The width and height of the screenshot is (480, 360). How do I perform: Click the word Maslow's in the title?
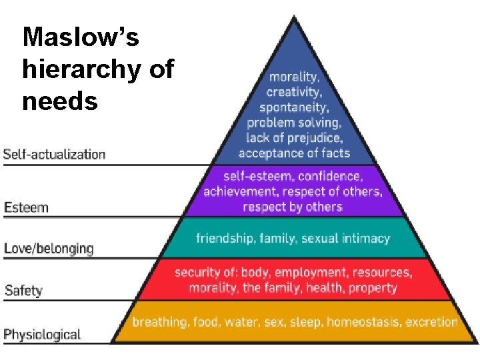(x=81, y=37)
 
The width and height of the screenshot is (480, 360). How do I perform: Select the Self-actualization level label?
(x=54, y=155)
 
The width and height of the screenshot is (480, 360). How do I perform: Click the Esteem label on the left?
(x=26, y=207)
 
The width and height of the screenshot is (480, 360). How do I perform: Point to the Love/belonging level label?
(x=49, y=249)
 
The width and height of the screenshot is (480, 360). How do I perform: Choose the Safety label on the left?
(x=23, y=290)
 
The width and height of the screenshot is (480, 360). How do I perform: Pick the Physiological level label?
(x=42, y=334)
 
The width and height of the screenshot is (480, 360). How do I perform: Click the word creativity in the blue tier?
(x=294, y=92)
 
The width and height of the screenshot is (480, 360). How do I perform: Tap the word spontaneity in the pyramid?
(x=293, y=107)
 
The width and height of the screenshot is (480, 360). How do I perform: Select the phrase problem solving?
(x=294, y=123)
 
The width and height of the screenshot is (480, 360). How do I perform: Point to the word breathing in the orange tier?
(x=159, y=322)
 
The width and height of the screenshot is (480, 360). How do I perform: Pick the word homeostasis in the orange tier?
(x=362, y=322)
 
